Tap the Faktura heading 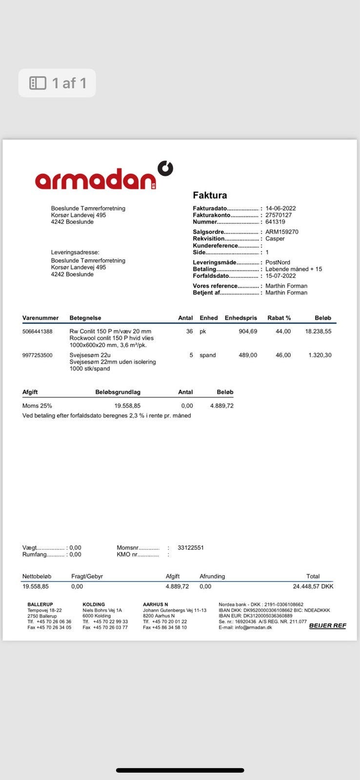pos(210,195)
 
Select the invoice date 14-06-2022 pos(280,208)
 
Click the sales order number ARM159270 pos(281,232)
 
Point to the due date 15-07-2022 pos(280,276)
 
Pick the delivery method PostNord pos(278,262)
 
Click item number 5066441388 pos(37,331)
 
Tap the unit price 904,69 pos(248,331)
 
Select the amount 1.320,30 pos(320,355)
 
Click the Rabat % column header pos(279,318)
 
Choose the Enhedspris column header pos(240,318)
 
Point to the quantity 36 pos(189,331)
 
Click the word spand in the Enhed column pos(207,355)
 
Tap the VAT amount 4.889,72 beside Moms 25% pos(221,406)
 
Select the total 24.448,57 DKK pos(313,586)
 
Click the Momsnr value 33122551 pos(191,547)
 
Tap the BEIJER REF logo pos(327,625)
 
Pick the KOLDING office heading pos(94,604)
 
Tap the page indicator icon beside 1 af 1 pos(38,83)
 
